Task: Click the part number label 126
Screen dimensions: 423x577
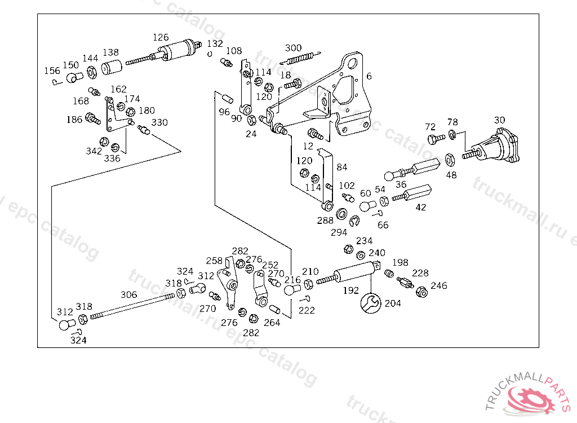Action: pyautogui.click(x=161, y=38)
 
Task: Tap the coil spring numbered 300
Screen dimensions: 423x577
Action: pyautogui.click(x=300, y=58)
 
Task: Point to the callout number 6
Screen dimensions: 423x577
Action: pyautogui.click(x=369, y=76)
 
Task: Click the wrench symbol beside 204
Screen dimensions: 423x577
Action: pyautogui.click(x=371, y=303)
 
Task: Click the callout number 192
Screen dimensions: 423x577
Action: pyautogui.click(x=351, y=291)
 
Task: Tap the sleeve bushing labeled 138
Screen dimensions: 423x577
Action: pyautogui.click(x=112, y=68)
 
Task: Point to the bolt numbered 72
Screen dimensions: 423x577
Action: pyautogui.click(x=433, y=138)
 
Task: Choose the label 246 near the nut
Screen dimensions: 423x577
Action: pyautogui.click(x=439, y=286)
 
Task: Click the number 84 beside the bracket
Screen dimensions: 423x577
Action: pyautogui.click(x=342, y=168)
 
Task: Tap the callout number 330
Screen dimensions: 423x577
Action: pyautogui.click(x=159, y=122)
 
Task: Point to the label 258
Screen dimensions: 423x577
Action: pyautogui.click(x=214, y=261)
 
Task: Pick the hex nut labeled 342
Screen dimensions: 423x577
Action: pyautogui.click(x=104, y=141)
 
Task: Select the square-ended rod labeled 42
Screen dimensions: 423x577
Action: pyautogui.click(x=414, y=193)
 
